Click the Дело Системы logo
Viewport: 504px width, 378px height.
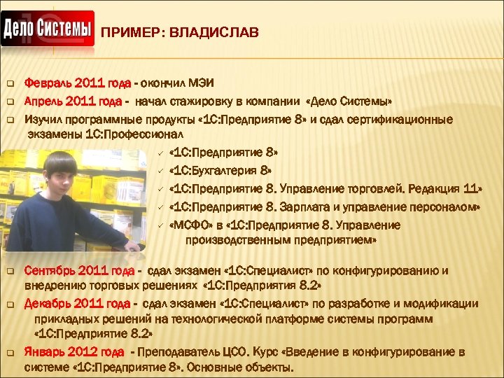[48, 29]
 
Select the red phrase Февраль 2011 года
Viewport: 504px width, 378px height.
[77, 83]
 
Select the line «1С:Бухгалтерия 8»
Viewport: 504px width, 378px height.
[221, 170]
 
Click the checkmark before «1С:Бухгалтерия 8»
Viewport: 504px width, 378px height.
[160, 170]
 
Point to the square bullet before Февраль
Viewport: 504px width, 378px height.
[10, 84]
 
